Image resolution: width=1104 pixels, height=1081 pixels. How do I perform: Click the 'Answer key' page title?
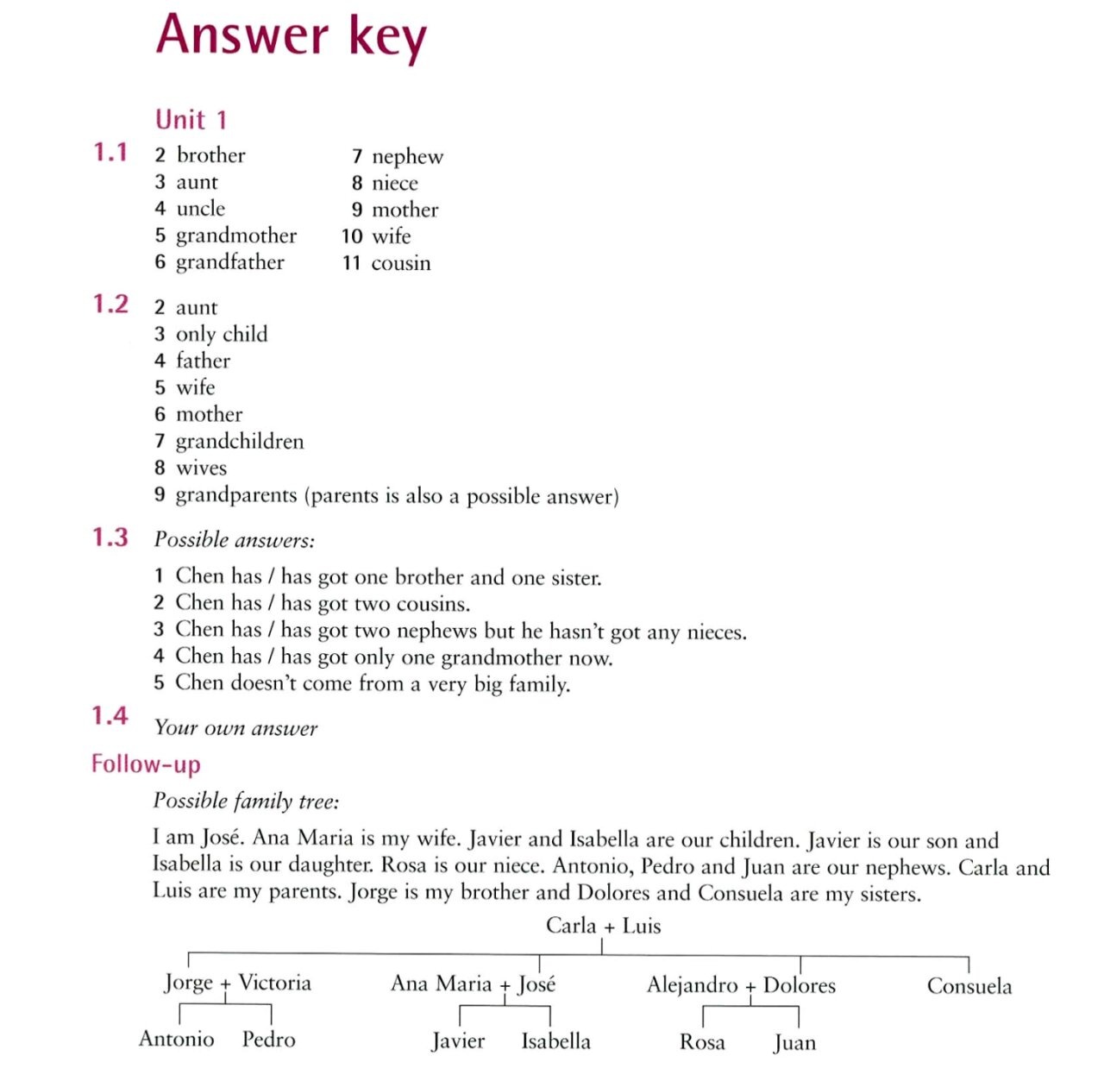(x=291, y=36)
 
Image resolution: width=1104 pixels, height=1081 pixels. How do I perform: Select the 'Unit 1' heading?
(x=191, y=119)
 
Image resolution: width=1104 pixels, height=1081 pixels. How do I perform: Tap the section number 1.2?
(x=110, y=305)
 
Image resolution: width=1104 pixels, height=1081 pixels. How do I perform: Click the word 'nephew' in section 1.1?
(x=407, y=156)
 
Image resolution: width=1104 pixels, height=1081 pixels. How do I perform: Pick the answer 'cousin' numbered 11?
(x=400, y=263)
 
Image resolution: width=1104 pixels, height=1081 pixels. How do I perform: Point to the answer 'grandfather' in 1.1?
(x=229, y=262)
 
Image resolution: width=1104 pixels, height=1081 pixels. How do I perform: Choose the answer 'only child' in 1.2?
(x=222, y=334)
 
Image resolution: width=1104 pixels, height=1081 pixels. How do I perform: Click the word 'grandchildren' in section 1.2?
(x=240, y=441)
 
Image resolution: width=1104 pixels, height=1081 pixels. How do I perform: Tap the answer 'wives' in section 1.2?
(x=201, y=468)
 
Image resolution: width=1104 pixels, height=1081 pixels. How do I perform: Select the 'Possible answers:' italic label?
(x=235, y=540)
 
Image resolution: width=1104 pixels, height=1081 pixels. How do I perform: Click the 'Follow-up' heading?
(x=146, y=764)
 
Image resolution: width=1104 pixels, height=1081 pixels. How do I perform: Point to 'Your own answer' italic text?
(x=235, y=728)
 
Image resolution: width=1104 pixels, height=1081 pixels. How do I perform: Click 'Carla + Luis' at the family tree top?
(x=603, y=926)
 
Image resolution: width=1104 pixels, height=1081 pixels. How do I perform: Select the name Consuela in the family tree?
(x=969, y=985)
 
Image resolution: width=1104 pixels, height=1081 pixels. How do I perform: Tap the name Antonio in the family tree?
(x=176, y=1039)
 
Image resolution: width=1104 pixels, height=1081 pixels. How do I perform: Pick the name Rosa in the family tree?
(x=702, y=1042)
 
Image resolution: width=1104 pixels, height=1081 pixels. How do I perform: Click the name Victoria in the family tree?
(x=274, y=983)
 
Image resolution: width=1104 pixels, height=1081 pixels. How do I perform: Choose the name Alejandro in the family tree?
(x=692, y=984)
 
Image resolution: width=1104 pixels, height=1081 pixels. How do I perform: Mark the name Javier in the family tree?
(x=458, y=1041)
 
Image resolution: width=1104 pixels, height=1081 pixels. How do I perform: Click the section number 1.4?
(x=110, y=715)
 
